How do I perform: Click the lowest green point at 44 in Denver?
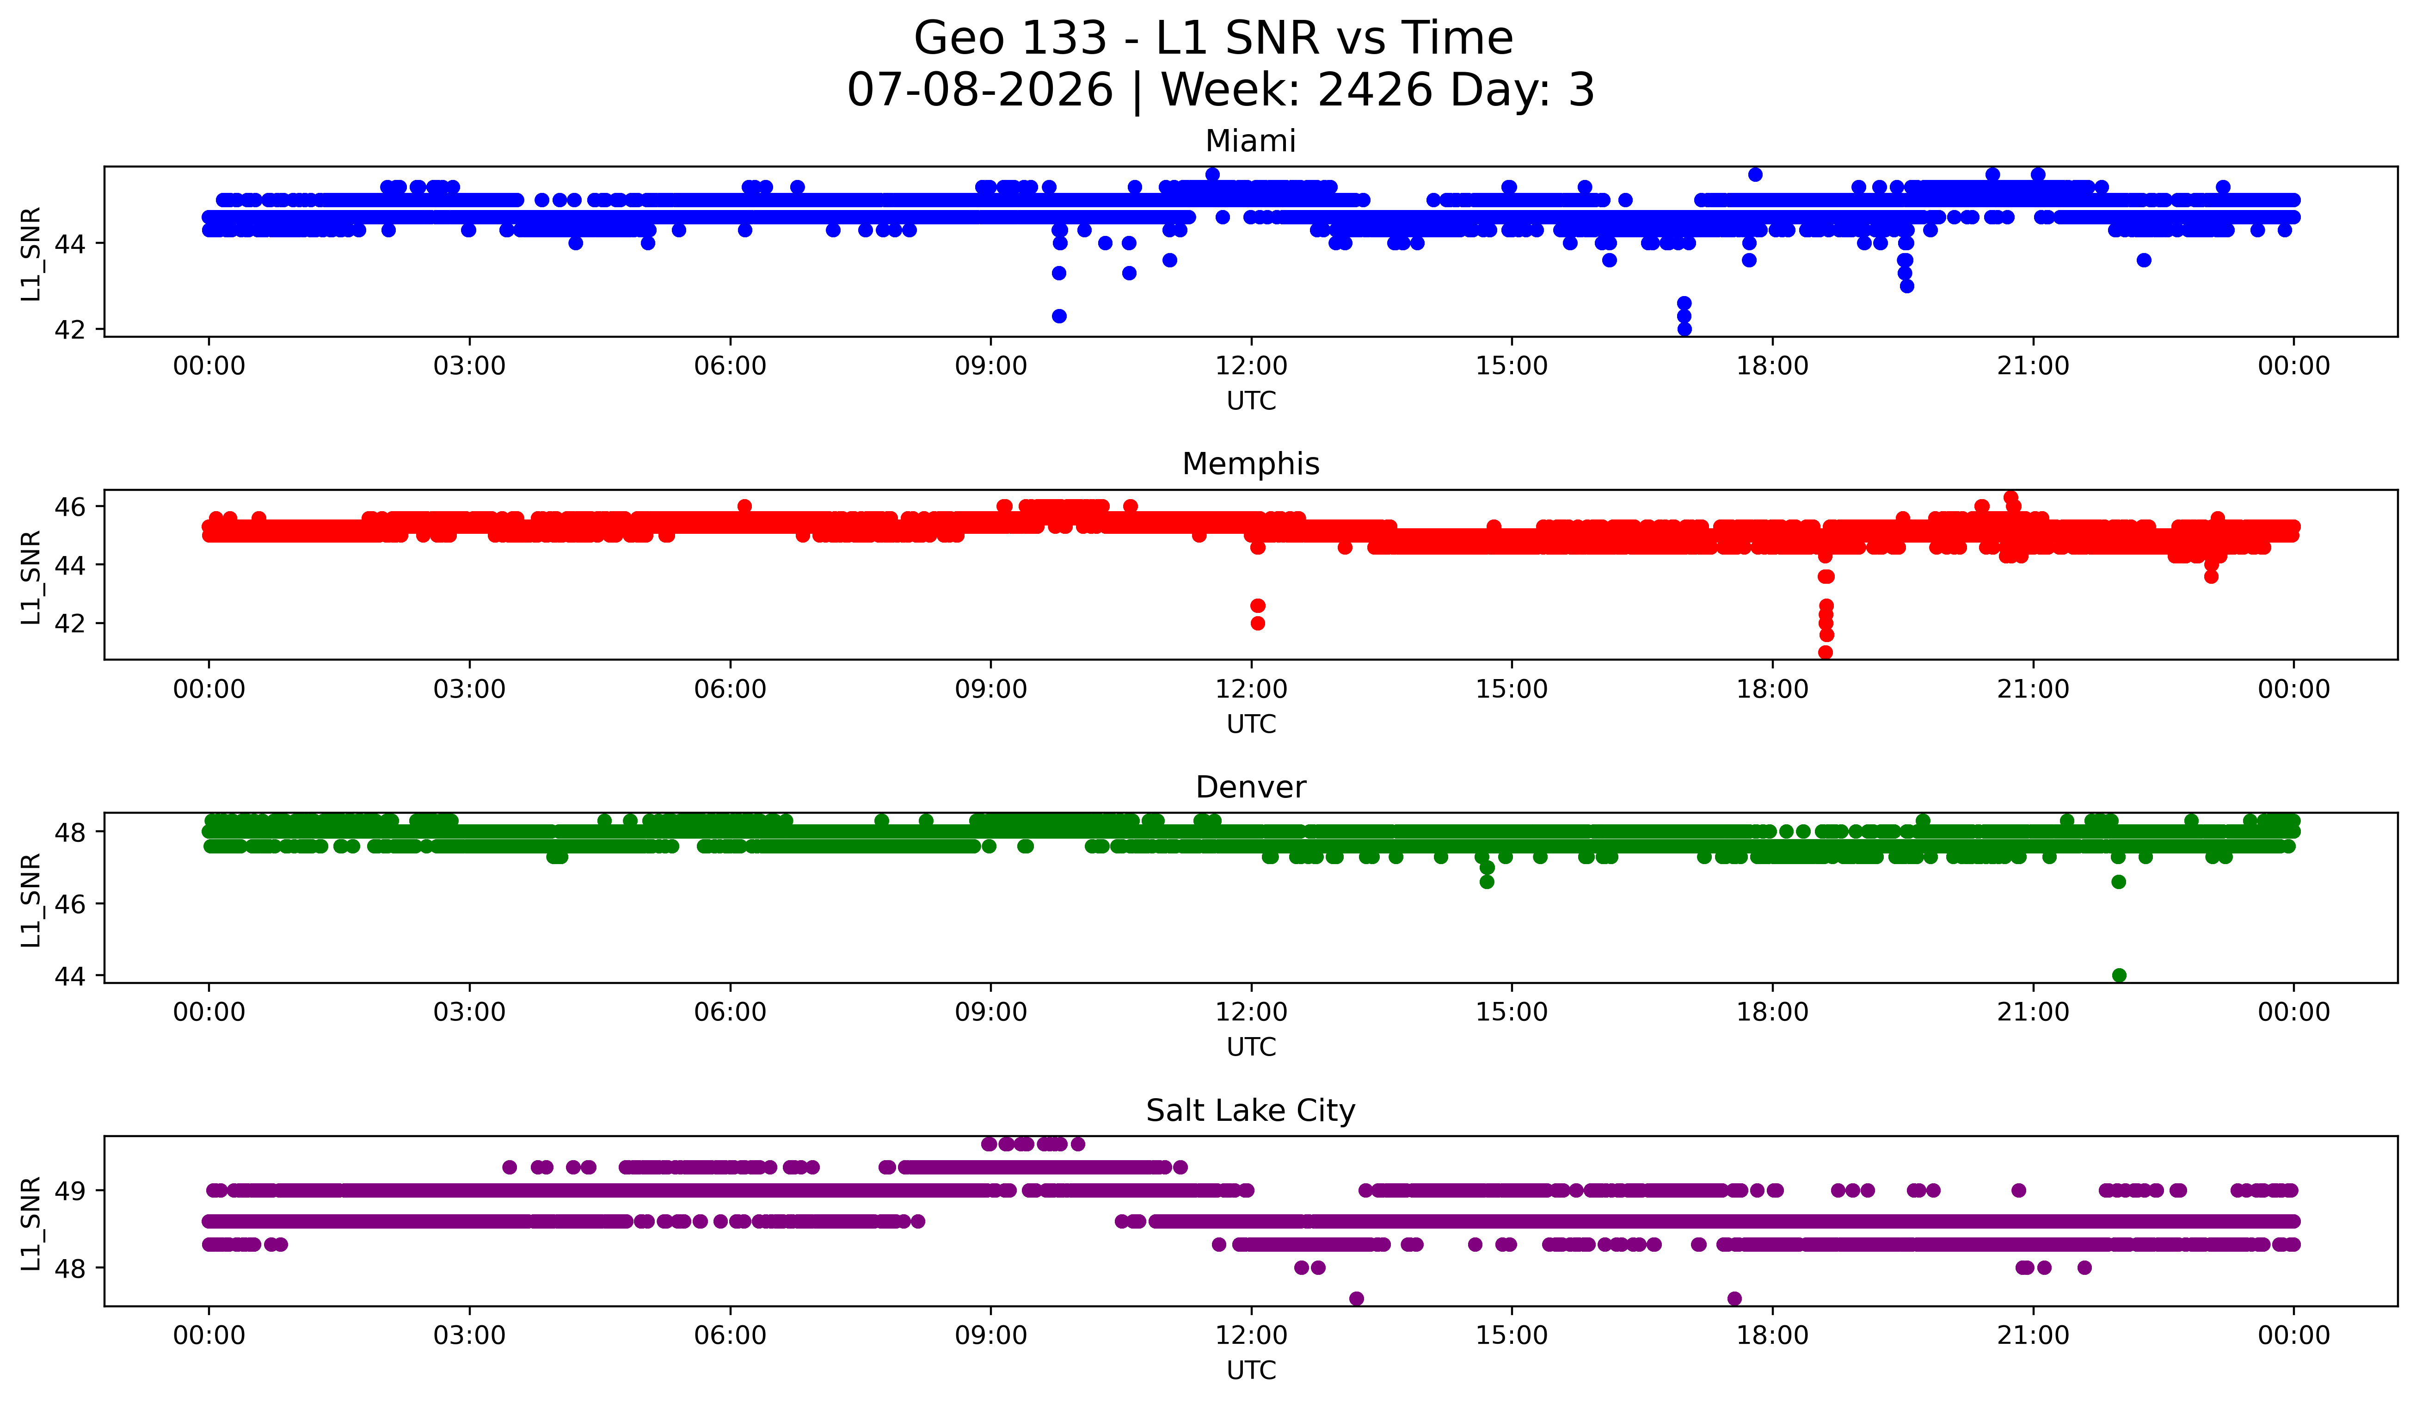(2119, 975)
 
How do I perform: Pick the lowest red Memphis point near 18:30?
(1826, 652)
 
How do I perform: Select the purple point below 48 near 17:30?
(1734, 1298)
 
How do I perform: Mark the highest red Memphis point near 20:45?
(2010, 498)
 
